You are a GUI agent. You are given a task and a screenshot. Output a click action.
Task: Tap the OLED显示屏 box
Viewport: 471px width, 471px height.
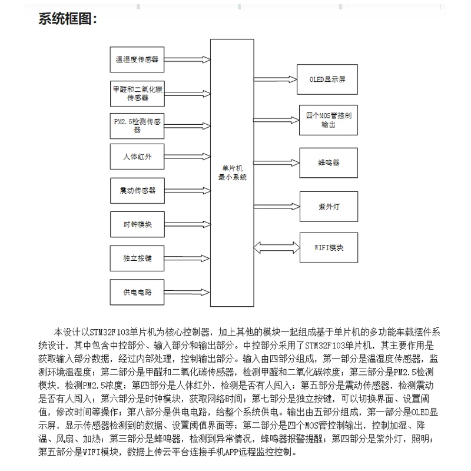click(x=328, y=79)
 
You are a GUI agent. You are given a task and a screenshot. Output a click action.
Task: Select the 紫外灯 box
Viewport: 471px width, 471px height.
click(x=328, y=206)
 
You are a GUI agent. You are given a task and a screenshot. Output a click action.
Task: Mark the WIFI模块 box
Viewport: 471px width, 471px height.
click(x=328, y=247)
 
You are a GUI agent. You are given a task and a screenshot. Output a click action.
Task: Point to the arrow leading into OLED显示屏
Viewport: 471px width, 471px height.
click(x=276, y=79)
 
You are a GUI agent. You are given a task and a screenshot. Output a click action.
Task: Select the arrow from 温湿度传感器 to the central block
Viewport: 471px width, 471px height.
click(x=188, y=59)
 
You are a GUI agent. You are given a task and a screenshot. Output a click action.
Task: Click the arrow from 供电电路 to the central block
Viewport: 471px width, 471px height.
click(x=188, y=291)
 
